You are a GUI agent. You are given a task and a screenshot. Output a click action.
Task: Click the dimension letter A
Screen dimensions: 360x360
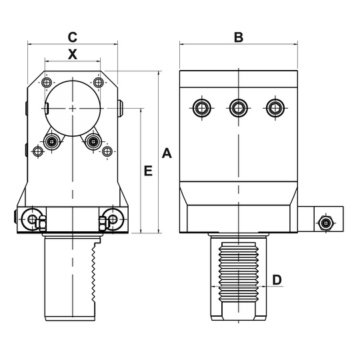[167, 153]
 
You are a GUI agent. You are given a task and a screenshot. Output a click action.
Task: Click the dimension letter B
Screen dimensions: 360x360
[239, 37]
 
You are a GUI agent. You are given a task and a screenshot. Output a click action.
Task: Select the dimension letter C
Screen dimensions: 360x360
[72, 37]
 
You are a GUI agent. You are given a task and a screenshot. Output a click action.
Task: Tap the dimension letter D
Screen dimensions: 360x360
[277, 280]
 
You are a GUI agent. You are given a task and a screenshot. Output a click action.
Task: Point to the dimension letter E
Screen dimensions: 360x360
[148, 171]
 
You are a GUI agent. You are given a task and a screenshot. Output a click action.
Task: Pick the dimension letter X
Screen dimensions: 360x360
[73, 55]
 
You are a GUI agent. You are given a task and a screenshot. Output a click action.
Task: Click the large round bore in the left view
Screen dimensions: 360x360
[73, 109]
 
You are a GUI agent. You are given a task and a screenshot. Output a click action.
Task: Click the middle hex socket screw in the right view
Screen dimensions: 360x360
[239, 108]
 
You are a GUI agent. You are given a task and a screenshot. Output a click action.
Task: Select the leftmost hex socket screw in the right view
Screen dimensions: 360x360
[202, 108]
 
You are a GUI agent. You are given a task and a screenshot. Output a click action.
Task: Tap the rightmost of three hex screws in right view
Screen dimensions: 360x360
[275, 108]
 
